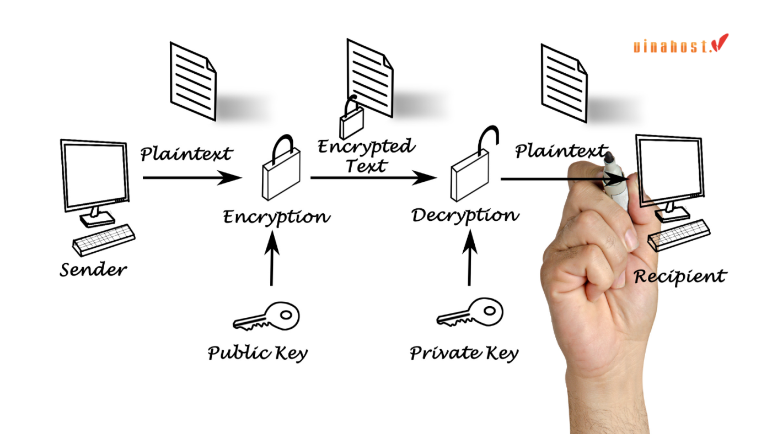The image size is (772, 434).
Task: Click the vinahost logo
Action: [680, 44]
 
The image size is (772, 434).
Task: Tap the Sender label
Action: [93, 270]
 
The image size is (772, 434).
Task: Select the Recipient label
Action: [680, 275]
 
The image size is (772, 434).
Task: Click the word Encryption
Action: [276, 217]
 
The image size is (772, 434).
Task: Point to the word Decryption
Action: [465, 215]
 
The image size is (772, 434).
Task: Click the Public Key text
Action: [258, 352]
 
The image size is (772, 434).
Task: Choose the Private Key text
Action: [464, 352]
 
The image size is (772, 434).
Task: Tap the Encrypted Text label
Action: [366, 155]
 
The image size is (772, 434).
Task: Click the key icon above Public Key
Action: [266, 317]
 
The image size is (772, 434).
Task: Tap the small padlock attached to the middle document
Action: [351, 120]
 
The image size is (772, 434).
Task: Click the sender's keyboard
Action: [104, 239]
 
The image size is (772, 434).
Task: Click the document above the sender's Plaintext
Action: [192, 80]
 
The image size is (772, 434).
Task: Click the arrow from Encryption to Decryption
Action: [373, 177]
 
